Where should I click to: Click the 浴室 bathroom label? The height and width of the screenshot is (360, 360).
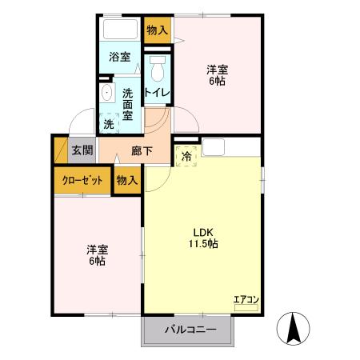click(x=120, y=58)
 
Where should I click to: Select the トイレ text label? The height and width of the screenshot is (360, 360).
click(x=157, y=93)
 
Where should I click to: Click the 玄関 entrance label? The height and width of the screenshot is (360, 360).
click(x=82, y=150)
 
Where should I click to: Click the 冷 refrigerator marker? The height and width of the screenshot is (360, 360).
click(x=186, y=157)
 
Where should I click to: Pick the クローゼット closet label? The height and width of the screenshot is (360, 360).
click(x=82, y=180)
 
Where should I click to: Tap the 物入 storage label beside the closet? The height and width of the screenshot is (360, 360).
click(x=128, y=180)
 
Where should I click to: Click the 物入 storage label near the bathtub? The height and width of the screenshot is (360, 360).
click(x=158, y=30)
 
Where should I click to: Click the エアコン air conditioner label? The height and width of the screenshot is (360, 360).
click(x=246, y=300)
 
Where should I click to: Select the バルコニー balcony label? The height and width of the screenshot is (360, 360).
click(x=190, y=330)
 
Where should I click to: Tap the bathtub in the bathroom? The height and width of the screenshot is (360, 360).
click(x=121, y=30)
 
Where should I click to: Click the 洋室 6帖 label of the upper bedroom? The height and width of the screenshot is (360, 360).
click(x=217, y=74)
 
